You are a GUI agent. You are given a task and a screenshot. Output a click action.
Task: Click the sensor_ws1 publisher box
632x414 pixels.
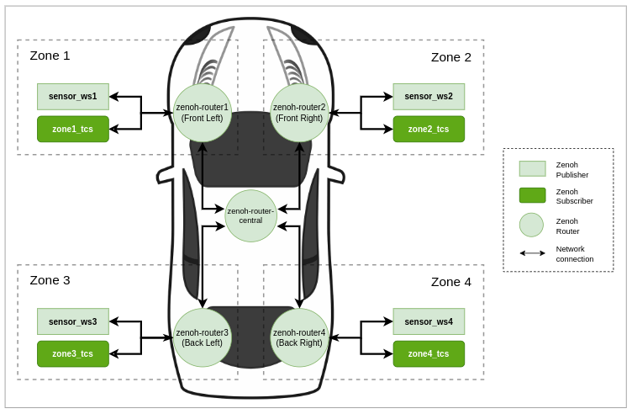(x=73, y=97)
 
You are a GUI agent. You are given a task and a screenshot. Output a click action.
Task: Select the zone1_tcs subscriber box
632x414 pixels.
(x=73, y=129)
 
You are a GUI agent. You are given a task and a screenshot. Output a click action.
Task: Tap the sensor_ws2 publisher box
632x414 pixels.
(x=429, y=97)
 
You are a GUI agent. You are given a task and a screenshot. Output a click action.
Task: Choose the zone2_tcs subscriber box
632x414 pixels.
(x=429, y=129)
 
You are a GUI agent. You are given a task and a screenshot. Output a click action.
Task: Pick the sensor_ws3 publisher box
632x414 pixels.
(x=73, y=321)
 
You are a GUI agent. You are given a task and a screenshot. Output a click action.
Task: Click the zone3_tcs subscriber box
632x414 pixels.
(x=73, y=353)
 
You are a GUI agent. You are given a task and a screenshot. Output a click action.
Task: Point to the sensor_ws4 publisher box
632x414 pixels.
(x=429, y=321)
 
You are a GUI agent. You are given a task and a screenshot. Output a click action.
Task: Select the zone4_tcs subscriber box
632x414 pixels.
(x=429, y=353)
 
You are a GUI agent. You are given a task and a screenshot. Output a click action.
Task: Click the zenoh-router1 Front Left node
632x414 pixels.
(x=203, y=113)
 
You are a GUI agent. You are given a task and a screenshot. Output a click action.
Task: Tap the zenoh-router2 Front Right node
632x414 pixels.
(x=299, y=113)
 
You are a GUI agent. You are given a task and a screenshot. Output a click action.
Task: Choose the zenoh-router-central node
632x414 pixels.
(x=250, y=215)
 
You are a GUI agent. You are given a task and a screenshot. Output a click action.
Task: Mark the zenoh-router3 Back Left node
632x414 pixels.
(x=203, y=337)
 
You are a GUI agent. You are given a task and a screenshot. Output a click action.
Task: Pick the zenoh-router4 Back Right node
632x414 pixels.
(x=299, y=337)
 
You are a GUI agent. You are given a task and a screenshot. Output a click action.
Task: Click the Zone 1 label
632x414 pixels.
(x=50, y=56)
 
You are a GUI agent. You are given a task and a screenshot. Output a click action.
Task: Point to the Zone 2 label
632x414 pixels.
(x=450, y=57)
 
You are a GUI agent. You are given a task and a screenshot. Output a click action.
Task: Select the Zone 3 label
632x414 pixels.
(x=50, y=280)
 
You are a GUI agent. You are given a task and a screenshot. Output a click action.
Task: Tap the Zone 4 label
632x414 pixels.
(x=450, y=282)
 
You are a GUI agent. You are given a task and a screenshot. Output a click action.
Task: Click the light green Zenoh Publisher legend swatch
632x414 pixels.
(x=532, y=168)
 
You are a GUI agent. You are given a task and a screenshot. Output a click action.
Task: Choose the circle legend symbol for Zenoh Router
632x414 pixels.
(x=531, y=225)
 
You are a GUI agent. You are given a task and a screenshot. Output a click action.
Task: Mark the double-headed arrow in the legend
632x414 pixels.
(x=532, y=253)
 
